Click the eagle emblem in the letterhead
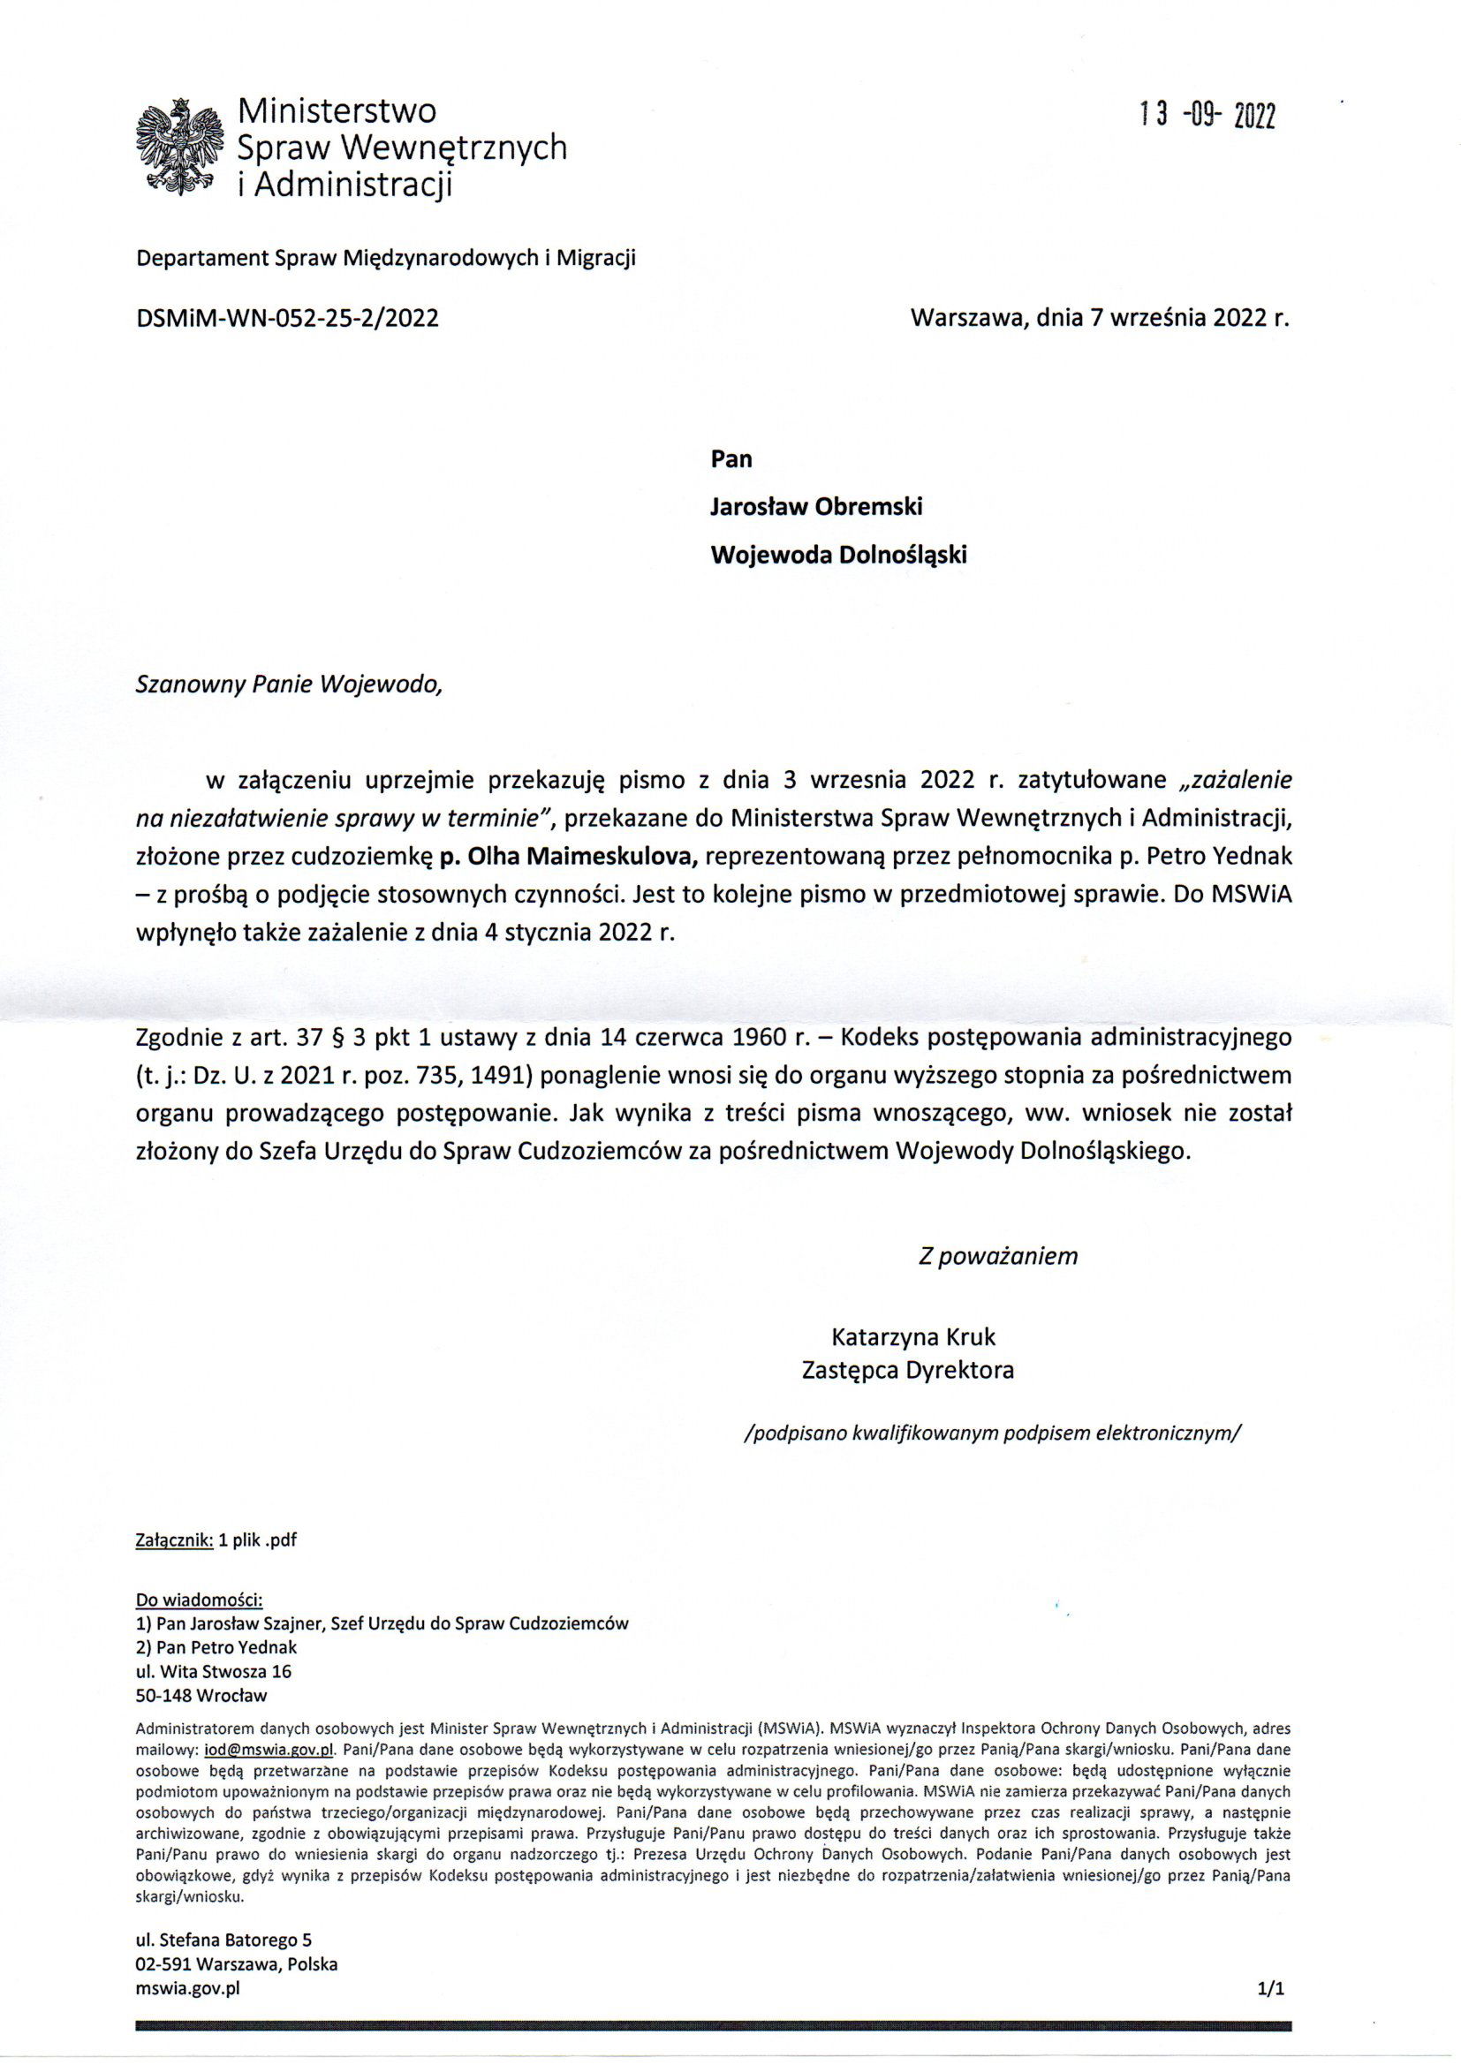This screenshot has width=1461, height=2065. point(179,147)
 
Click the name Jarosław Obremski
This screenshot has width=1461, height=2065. point(816,507)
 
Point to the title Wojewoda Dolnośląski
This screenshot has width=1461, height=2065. point(838,555)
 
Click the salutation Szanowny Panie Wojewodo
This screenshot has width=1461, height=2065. point(290,685)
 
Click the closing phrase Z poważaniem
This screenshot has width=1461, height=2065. point(996,1257)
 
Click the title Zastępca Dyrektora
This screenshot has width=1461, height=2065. point(907,1371)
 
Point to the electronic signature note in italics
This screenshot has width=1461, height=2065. point(992,1433)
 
